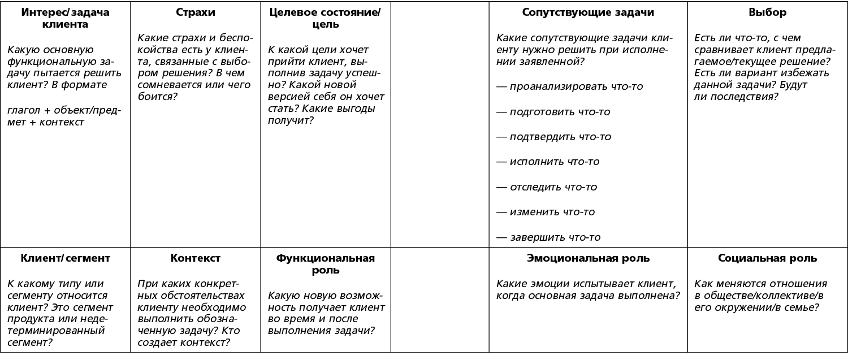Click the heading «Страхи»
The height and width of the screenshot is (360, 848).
(x=195, y=12)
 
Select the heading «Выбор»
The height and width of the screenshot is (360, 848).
(x=767, y=12)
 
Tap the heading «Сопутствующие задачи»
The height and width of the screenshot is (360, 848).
(x=588, y=12)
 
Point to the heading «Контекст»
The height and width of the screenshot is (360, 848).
(x=195, y=258)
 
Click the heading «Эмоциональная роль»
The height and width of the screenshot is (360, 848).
(x=588, y=258)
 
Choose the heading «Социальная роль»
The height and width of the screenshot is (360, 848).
(x=767, y=258)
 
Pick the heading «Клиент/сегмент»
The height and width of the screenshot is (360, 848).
(x=65, y=258)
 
